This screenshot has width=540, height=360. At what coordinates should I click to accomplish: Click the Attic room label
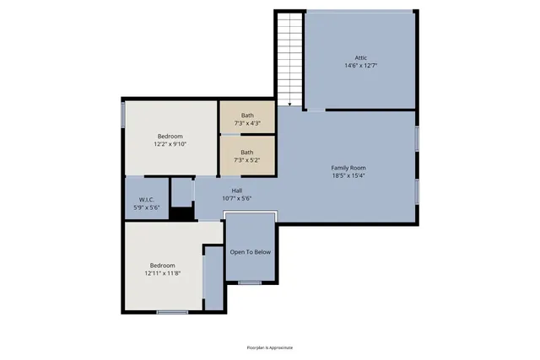tap(360, 57)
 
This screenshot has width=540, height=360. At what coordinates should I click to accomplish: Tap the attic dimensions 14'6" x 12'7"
tap(360, 66)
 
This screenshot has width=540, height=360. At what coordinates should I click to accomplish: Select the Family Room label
tap(348, 168)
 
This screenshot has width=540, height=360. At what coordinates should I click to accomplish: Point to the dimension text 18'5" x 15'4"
tap(348, 176)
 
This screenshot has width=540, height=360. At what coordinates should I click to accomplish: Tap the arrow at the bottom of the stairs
tap(289, 104)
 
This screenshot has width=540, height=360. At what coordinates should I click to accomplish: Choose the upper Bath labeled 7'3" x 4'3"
tap(247, 119)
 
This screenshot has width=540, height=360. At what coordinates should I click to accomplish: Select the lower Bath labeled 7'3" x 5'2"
tap(247, 156)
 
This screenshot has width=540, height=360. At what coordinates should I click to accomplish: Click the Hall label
tap(237, 191)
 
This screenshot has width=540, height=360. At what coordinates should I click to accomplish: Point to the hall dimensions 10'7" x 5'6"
tap(237, 199)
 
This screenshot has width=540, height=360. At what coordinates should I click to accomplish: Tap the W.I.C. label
tap(146, 199)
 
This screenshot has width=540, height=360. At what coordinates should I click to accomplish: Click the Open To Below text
tap(251, 252)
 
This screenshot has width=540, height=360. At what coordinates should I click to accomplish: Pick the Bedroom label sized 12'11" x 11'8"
tap(163, 269)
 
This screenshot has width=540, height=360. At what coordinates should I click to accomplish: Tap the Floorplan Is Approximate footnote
tap(270, 347)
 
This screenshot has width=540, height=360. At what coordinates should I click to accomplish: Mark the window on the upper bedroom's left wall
tap(124, 116)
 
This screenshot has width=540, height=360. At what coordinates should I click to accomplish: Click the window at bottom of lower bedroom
tap(172, 312)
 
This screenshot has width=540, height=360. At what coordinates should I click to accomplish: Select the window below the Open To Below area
tap(250, 282)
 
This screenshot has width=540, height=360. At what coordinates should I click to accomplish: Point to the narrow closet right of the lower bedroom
tap(213, 278)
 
